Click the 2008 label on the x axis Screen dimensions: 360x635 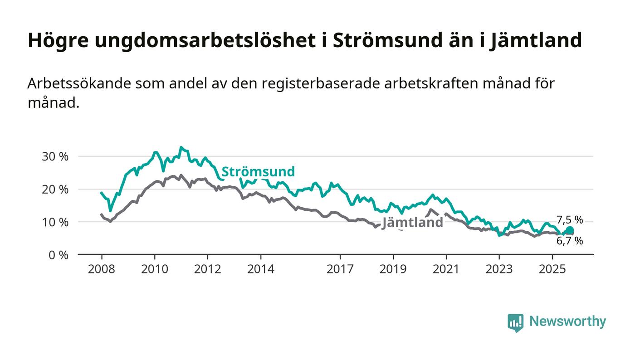coord(102,269)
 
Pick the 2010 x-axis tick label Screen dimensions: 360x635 coord(155,269)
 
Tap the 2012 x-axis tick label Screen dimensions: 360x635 coord(208,269)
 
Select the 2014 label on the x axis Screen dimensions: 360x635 coord(261,269)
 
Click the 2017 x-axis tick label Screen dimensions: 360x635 coord(340,269)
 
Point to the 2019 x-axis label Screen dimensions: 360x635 coord(393,269)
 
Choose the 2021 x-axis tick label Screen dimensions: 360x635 coord(446,269)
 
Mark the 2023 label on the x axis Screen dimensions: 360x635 coord(499,269)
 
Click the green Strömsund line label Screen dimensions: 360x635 coord(258,171)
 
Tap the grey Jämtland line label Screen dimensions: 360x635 coord(412,223)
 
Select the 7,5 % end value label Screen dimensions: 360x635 coord(570,220)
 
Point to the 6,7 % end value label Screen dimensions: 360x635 coord(570,241)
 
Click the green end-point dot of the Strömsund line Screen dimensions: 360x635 coord(570,231)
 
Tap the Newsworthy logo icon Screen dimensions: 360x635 coord(515,322)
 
